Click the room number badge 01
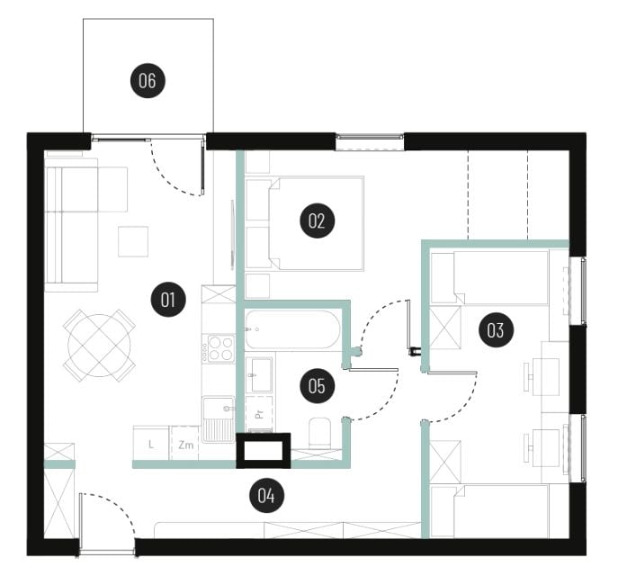pyautogui.click(x=168, y=300)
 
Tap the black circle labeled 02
pyautogui.click(x=318, y=220)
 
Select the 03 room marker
pyautogui.click(x=496, y=330)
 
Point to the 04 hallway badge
pyautogui.click(x=267, y=495)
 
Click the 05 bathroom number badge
pyautogui.click(x=318, y=385)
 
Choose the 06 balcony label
pyautogui.click(x=148, y=81)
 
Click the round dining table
pyautogui.click(x=99, y=346)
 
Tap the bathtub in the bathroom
pyautogui.click(x=292, y=329)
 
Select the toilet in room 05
pyautogui.click(x=319, y=433)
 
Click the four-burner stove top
pyautogui.click(x=219, y=348)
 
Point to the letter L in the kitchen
pyautogui.click(x=151, y=445)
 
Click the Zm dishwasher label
pyautogui.click(x=185, y=445)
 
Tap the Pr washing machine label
pyautogui.click(x=259, y=414)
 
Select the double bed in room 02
pyautogui.click(x=316, y=223)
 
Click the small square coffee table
pyautogui.click(x=133, y=241)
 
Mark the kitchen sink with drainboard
pyautogui.click(x=218, y=419)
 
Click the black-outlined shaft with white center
pyautogui.click(x=264, y=451)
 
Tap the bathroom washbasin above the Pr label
pyautogui.click(x=259, y=374)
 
